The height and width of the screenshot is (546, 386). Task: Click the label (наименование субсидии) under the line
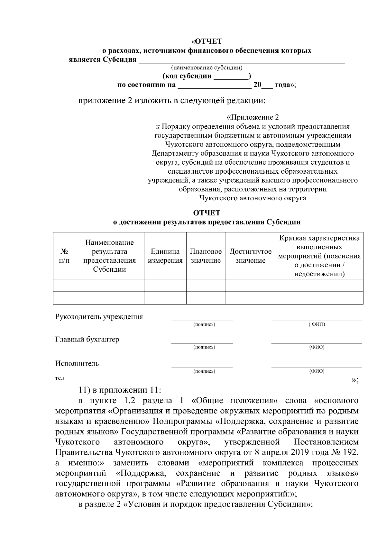coord(207,68)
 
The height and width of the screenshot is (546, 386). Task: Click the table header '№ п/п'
coord(64,256)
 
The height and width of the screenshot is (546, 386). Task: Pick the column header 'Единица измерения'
coord(165,256)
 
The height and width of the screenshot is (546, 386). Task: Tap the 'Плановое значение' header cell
coord(206,256)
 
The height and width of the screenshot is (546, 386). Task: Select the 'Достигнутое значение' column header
coord(250,256)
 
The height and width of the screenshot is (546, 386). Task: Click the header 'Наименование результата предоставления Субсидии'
coord(109,256)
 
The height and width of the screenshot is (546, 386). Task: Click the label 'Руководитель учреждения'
coord(99,316)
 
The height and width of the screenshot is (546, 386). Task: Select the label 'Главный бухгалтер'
coord(87,339)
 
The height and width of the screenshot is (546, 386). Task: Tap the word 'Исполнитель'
coord(77,363)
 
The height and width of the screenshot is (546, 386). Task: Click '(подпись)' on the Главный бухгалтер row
coord(204,347)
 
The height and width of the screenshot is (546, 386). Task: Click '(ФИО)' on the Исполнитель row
coord(317,371)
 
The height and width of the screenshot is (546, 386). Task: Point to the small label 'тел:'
coord(60,378)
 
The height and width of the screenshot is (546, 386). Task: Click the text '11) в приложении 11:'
coord(120,390)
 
